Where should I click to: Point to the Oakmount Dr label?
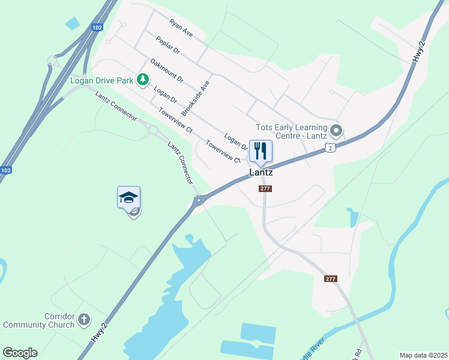(166, 70)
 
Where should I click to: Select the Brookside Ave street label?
(196, 98)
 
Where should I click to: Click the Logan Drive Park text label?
(101, 80)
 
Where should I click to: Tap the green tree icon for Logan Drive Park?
(143, 80)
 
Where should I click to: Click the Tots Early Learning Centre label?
(291, 131)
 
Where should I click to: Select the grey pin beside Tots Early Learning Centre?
(336, 130)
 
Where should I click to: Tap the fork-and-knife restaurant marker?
(260, 151)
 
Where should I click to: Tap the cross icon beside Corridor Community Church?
(85, 319)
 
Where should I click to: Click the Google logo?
(20, 353)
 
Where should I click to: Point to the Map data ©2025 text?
(424, 355)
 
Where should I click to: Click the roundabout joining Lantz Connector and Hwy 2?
(199, 201)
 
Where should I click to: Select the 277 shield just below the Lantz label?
(266, 188)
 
